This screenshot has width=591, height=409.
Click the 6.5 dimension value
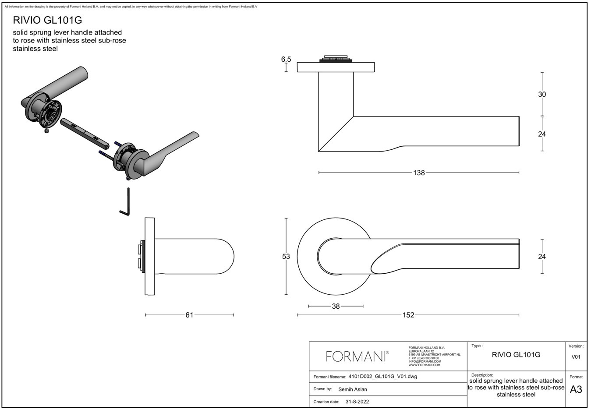point(286,59)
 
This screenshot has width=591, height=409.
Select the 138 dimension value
point(419,173)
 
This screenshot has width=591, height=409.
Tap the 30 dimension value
point(542,95)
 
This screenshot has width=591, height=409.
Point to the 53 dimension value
point(286,256)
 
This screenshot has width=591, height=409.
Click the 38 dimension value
point(336,306)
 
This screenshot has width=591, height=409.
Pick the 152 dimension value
point(408,315)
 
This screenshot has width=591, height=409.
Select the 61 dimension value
point(189,315)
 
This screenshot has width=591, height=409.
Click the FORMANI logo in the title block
point(357,356)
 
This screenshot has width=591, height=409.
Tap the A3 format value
point(576,389)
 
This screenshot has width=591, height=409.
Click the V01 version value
point(576,357)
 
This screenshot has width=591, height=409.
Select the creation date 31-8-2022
point(357,402)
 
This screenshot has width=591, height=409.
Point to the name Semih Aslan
point(353,389)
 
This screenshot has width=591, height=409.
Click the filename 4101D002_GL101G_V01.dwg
point(383,377)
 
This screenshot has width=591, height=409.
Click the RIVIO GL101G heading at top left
point(47,20)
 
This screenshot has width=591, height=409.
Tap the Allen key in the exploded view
point(125,202)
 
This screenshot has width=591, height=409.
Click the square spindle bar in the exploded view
point(85,134)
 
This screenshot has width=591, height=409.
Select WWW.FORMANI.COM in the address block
point(425,365)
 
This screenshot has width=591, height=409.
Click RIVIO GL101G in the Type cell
point(516,355)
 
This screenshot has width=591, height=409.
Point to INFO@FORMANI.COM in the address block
point(425,362)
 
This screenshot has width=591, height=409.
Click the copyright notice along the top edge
point(131,7)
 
